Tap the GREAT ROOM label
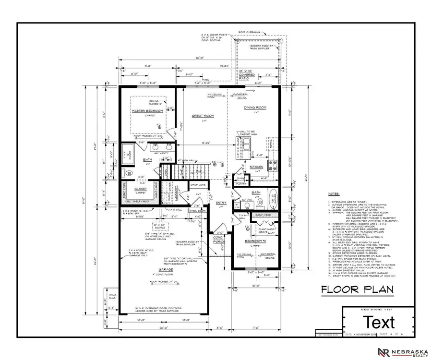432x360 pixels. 204,116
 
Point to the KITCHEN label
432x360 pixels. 256,167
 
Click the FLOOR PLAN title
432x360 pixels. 357,289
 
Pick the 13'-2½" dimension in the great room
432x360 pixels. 204,143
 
